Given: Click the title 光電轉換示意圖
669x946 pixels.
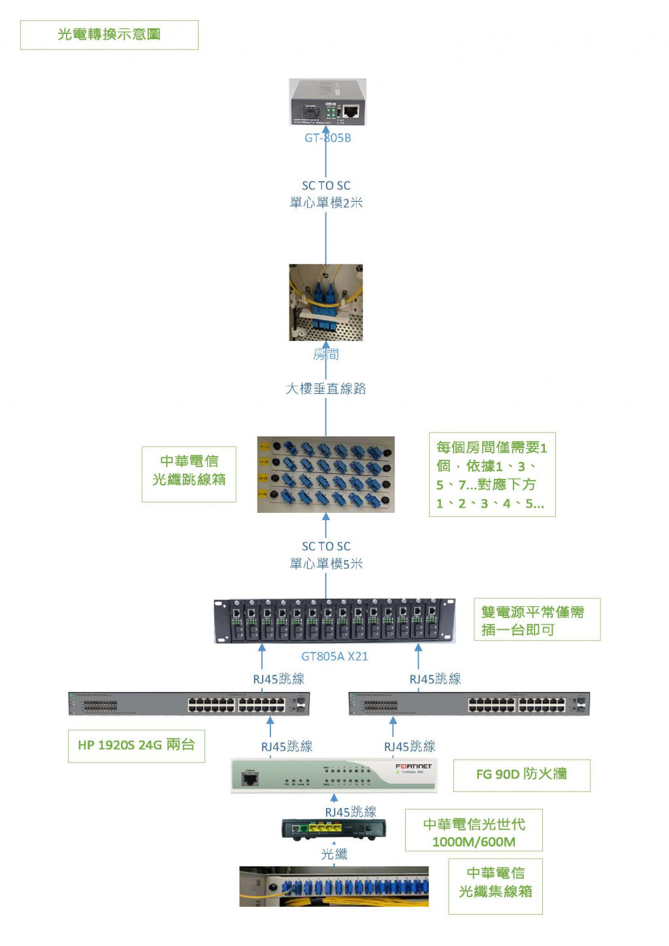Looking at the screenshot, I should click(109, 35).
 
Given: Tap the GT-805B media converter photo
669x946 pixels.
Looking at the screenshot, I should click(327, 102).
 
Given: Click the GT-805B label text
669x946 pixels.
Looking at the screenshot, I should click(327, 138).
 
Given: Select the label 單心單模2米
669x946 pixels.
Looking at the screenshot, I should click(326, 203).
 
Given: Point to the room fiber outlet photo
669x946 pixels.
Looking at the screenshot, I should click(325, 302).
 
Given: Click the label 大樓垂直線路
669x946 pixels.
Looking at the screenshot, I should click(326, 389).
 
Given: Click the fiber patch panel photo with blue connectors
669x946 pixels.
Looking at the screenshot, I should click(325, 474).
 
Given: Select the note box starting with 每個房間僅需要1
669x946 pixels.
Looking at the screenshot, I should click(492, 475).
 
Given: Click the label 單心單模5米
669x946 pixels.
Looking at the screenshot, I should click(326, 563).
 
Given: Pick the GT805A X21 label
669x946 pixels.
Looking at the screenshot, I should click(334, 656).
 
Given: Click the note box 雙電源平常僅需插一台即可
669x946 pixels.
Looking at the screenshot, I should click(536, 620).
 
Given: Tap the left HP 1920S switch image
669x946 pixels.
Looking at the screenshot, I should click(189, 704).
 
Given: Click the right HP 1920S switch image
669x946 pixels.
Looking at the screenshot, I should click(469, 704).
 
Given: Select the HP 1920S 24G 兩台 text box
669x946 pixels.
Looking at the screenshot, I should click(136, 745).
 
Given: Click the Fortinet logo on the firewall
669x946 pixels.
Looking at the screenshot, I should click(413, 766).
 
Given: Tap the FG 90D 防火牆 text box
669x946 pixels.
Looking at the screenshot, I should click(521, 775).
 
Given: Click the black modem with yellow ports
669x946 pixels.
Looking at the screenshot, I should click(334, 829).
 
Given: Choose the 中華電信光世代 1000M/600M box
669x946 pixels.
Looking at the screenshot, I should click(474, 832).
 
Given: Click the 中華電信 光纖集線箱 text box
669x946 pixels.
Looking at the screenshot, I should click(495, 883).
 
